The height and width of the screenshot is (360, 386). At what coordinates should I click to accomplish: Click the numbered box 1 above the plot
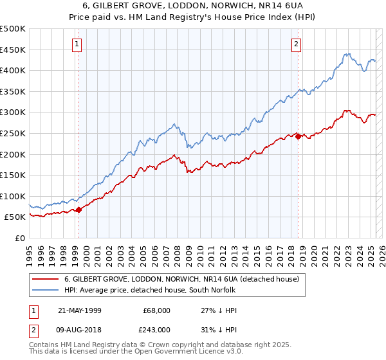77,44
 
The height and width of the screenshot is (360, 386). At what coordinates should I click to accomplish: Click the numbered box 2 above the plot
296,44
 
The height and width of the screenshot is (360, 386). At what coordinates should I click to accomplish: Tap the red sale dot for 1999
78,210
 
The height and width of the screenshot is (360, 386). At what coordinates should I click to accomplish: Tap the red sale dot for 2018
298,136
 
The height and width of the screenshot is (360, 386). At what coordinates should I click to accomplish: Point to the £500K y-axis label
14,29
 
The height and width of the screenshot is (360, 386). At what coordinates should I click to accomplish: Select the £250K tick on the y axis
14,133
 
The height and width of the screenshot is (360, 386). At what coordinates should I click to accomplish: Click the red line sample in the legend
45,280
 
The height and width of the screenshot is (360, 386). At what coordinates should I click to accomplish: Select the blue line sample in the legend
45,291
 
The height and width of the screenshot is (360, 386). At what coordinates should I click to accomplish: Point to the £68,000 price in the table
157,310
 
